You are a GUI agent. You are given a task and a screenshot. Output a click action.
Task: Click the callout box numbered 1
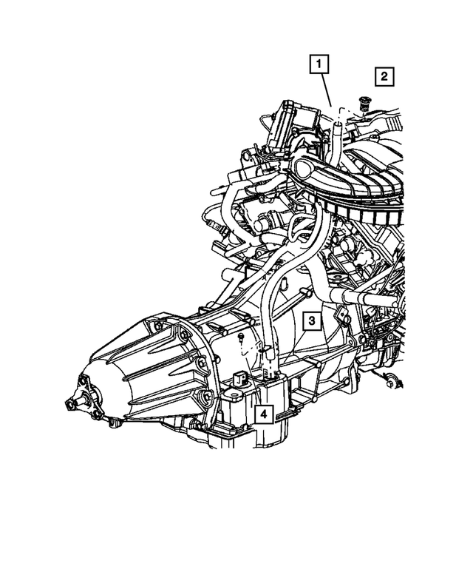pyautogui.click(x=319, y=64)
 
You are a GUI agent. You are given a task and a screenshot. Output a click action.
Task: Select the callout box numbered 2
pyautogui.click(x=384, y=77)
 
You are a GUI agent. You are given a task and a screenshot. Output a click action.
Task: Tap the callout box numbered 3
pyautogui.click(x=312, y=321)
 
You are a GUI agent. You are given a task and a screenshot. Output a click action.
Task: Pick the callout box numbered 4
pyautogui.click(x=264, y=414)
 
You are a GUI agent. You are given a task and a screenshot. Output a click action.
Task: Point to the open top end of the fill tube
pyautogui.click(x=338, y=125)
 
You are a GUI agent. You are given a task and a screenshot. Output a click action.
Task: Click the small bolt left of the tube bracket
pyautogui.click(x=240, y=337)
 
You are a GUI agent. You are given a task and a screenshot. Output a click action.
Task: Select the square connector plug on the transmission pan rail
pyautogui.click(x=238, y=378)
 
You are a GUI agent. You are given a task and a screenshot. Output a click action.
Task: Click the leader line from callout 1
pyautogui.click(x=327, y=90)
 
